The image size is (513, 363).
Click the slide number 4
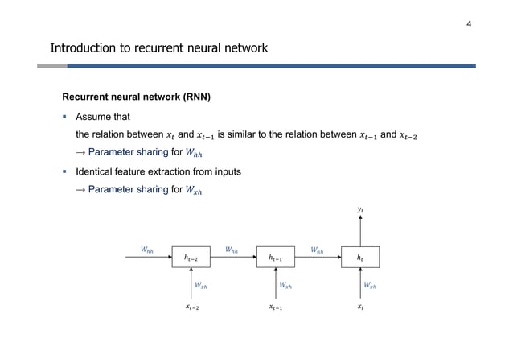pyautogui.click(x=469, y=23)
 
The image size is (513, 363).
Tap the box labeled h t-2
pyautogui.click(x=192, y=258)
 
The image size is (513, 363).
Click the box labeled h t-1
pyautogui.click(x=276, y=258)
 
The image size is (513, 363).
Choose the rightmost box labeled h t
pyautogui.click(x=359, y=258)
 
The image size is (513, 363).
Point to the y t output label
pyautogui.click(x=359, y=212)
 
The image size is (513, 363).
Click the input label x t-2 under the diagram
pyautogui.click(x=192, y=307)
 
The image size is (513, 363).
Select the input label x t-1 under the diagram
pyautogui.click(x=276, y=307)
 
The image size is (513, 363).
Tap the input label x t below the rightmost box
pyautogui.click(x=359, y=307)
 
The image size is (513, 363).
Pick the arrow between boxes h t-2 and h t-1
pyautogui.click(x=234, y=258)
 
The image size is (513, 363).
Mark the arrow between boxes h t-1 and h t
pyautogui.click(x=318, y=258)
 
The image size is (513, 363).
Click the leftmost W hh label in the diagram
pyautogui.click(x=147, y=250)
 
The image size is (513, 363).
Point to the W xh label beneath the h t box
pyautogui.click(x=369, y=284)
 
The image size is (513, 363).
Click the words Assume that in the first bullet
pyautogui.click(x=103, y=118)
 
